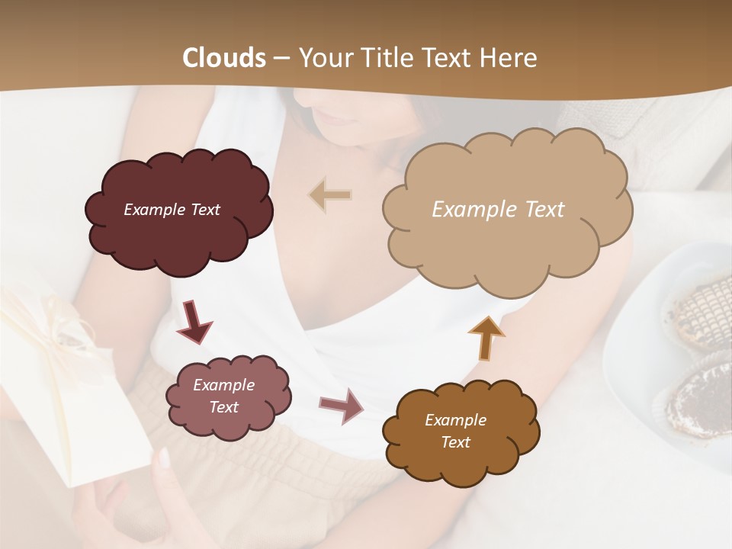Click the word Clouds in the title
coord(224,58)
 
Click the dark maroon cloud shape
coord(178,211)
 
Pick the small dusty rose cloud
coord(228,396)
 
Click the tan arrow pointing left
coord(329,195)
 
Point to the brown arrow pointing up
coord(486,337)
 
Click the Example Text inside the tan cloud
coord(498,210)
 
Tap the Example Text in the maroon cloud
coord(172,210)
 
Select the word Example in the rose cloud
coord(223,385)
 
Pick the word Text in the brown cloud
coord(455,442)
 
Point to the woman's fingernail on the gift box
coord(164,457)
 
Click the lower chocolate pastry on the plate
coord(697,400)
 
